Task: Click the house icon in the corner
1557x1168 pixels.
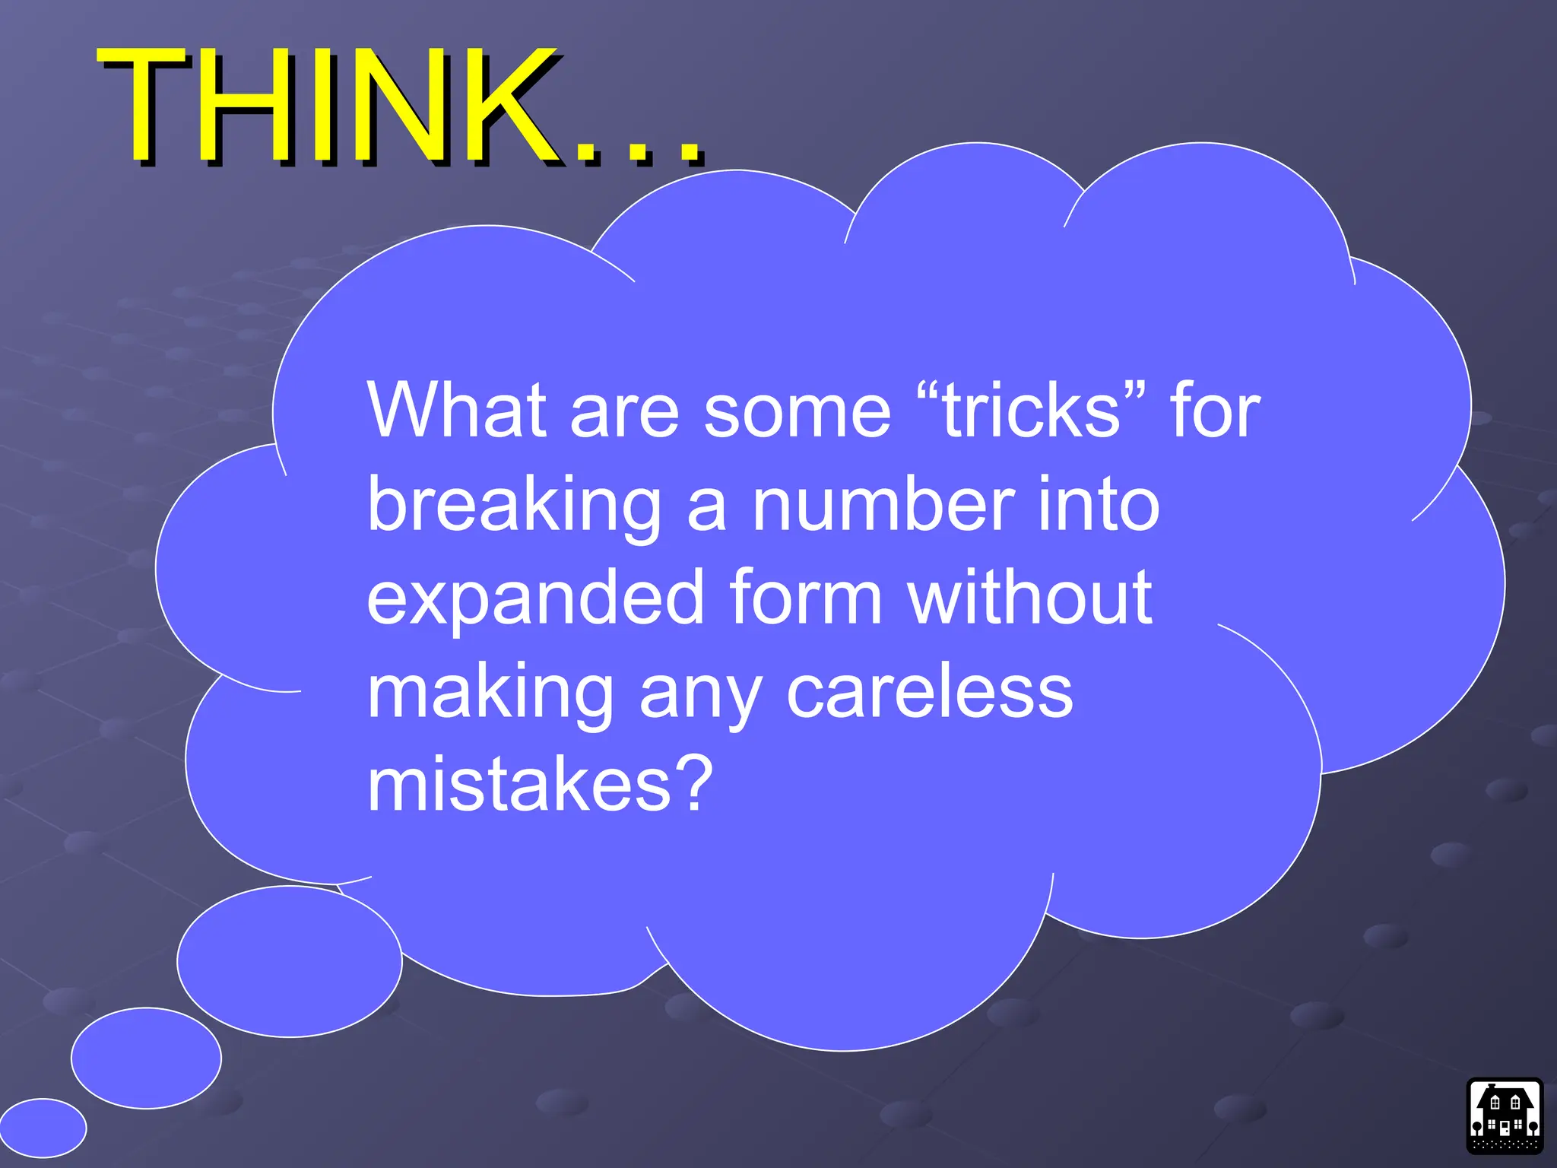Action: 1504,1115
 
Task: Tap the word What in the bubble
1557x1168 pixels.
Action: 457,411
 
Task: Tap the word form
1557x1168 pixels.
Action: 805,598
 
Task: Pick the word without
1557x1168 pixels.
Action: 1029,598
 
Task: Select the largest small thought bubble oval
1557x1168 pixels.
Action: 290,961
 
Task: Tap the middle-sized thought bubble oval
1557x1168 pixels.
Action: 146,1058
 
